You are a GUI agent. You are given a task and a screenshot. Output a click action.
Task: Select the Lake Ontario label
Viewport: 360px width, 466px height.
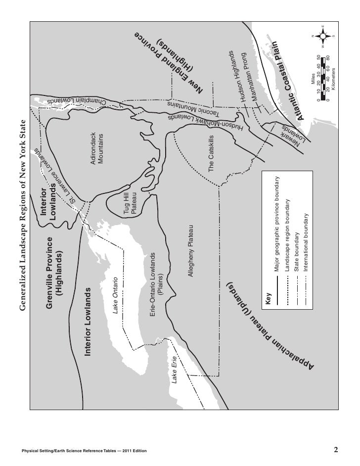click(x=117, y=295)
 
